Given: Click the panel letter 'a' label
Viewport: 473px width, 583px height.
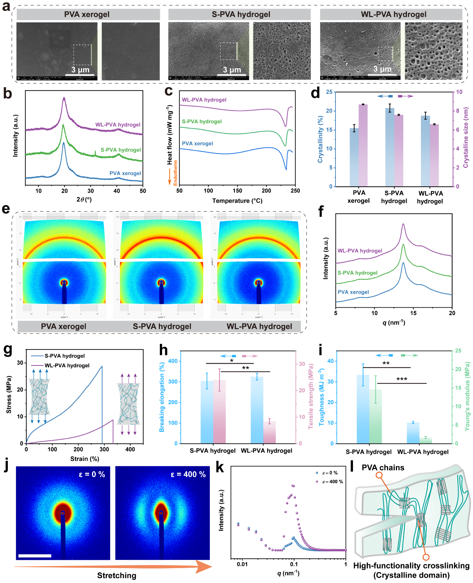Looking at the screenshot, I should [x=6, y=6].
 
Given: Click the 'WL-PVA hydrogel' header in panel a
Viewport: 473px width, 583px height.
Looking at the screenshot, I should [x=393, y=15].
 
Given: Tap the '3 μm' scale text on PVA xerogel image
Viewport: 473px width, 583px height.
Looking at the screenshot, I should [x=81, y=70].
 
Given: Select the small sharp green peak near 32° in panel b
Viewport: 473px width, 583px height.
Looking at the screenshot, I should [x=95, y=153].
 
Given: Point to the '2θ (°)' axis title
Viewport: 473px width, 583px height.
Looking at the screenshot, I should [x=84, y=200].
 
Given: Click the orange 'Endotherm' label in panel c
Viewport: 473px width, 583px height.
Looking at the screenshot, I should [x=176, y=173].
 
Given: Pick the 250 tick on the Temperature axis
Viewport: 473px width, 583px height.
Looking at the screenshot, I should [x=295, y=191].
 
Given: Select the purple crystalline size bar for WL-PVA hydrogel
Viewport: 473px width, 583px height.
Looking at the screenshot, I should [x=434, y=155].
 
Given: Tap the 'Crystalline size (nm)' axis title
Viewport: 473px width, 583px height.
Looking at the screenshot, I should [x=466, y=137].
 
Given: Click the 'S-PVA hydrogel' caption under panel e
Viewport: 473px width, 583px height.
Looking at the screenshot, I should [x=162, y=327].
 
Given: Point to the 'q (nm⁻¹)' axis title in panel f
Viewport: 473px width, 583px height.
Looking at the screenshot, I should [x=394, y=323].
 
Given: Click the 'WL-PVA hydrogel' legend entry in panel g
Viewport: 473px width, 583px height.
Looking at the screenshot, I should [x=67, y=365].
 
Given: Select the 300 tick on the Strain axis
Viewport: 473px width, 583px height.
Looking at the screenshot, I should [x=104, y=449].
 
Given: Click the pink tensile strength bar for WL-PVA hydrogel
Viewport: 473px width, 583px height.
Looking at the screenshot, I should [x=269, y=432].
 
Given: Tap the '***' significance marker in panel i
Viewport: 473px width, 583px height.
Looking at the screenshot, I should [x=402, y=379].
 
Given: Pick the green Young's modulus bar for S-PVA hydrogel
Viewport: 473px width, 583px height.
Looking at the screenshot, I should [x=376, y=416].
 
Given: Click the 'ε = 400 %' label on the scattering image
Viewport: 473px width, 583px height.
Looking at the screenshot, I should [x=188, y=475].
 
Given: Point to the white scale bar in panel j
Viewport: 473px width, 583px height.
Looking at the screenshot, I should [x=35, y=556].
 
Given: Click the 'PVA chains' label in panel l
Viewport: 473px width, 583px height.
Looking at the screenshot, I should [x=383, y=468].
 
